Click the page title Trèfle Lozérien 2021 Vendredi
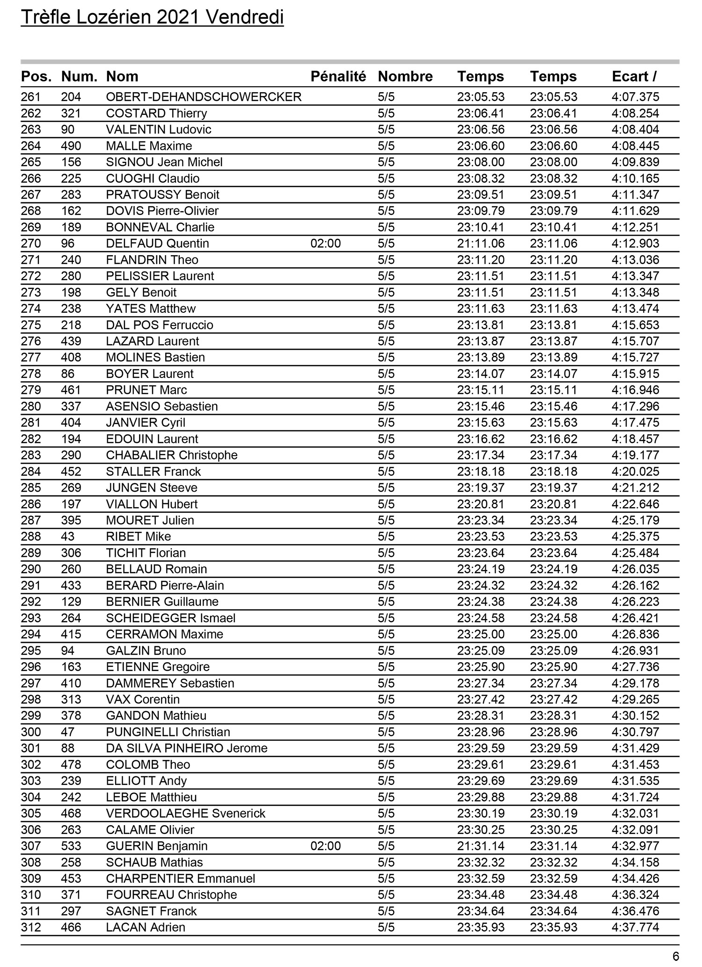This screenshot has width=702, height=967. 152,18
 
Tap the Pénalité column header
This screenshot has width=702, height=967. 338,76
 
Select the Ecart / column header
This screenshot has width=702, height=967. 634,76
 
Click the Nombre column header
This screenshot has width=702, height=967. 405,76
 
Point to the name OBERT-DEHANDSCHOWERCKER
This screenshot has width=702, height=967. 204,97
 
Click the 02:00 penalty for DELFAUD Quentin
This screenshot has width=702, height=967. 325,244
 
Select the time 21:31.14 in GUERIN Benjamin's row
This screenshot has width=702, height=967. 481,846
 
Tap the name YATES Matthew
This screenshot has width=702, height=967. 151,309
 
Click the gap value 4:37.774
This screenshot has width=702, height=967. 635,927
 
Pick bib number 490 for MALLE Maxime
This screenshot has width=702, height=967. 71,146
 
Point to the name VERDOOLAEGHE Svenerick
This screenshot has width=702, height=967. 185,813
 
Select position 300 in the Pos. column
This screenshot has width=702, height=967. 31,732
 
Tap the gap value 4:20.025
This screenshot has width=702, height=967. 635,472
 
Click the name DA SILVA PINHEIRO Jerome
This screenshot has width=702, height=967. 187,748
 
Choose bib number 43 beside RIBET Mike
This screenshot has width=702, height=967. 68,537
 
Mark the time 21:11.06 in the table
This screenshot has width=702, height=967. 481,244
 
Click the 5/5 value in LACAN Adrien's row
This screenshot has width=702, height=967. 386,927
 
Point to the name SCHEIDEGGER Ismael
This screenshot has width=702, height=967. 170,618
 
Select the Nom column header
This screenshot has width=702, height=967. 122,76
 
